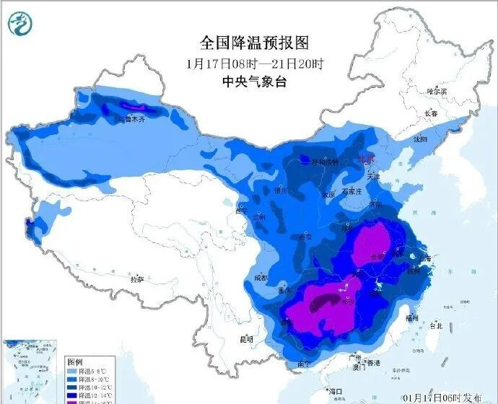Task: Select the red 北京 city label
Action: (367, 159)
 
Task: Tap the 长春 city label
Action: (431, 114)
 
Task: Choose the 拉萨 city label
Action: (136, 278)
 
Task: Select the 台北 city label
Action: (435, 326)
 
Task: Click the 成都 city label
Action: (261, 278)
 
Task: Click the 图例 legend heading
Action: (76, 360)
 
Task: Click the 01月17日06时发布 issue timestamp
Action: (445, 396)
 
